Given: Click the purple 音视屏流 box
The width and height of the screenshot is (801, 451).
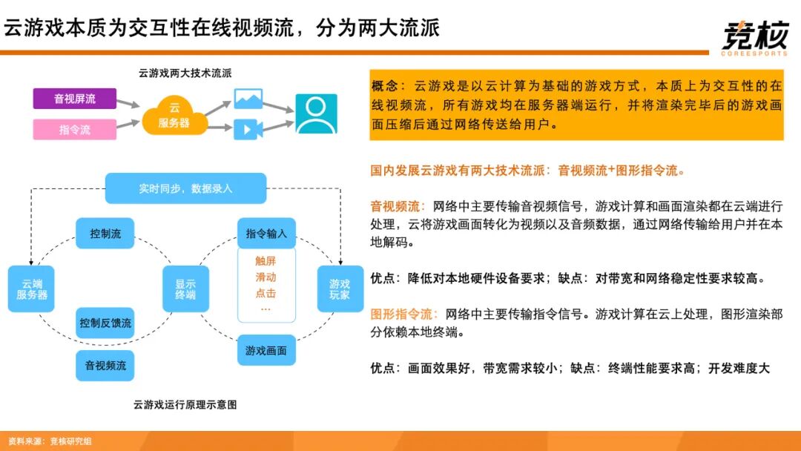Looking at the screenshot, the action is tap(74, 99).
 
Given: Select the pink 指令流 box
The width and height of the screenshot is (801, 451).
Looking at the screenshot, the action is tap(74, 129).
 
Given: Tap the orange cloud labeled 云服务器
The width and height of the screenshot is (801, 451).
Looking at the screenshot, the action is tap(174, 116).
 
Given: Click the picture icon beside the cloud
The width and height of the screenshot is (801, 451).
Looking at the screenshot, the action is tap(248, 99).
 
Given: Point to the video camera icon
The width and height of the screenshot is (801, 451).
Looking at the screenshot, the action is tap(248, 129).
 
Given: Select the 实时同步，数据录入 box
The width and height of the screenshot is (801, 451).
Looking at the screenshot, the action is tap(185, 188).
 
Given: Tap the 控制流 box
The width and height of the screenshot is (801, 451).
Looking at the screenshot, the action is tap(105, 234).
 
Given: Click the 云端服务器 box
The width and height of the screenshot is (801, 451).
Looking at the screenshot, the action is tap(32, 289).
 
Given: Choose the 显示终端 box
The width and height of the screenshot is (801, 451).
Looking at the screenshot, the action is tap(185, 289).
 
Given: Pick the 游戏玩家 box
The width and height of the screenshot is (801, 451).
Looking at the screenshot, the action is tap(339, 289).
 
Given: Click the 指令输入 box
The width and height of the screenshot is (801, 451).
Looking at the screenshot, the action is tap(266, 234).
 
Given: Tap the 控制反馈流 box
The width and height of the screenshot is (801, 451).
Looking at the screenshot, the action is tap(105, 323).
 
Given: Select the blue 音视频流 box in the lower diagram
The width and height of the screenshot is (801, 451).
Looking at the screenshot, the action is tap(105, 366).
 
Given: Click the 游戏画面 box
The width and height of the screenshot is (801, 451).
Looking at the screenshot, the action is tap(266, 350).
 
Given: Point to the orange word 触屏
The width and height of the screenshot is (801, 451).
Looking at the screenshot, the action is tap(266, 260).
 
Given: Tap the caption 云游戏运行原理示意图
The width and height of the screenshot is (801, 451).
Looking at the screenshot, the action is tap(185, 405).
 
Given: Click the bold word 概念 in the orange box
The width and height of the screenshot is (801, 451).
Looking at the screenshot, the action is tap(386, 86).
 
